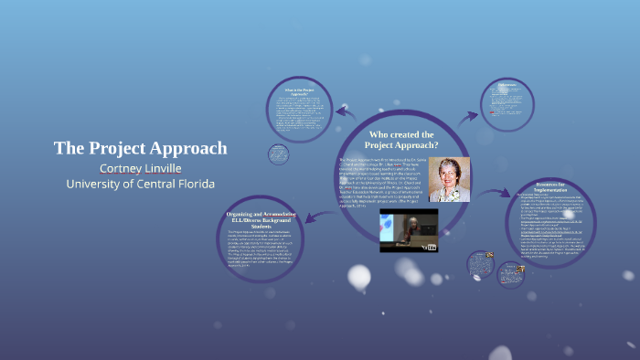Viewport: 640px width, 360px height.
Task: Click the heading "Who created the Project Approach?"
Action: [x=401, y=140]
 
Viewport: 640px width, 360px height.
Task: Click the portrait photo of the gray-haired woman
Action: [x=448, y=179]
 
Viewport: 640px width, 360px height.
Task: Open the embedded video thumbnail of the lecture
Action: [x=409, y=230]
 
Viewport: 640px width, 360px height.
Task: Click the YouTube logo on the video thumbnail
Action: [x=430, y=246]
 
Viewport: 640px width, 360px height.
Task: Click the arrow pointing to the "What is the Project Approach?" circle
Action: [x=345, y=112]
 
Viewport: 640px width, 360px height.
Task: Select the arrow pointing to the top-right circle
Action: [x=468, y=115]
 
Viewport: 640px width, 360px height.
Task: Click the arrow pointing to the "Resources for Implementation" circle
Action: [x=496, y=193]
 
